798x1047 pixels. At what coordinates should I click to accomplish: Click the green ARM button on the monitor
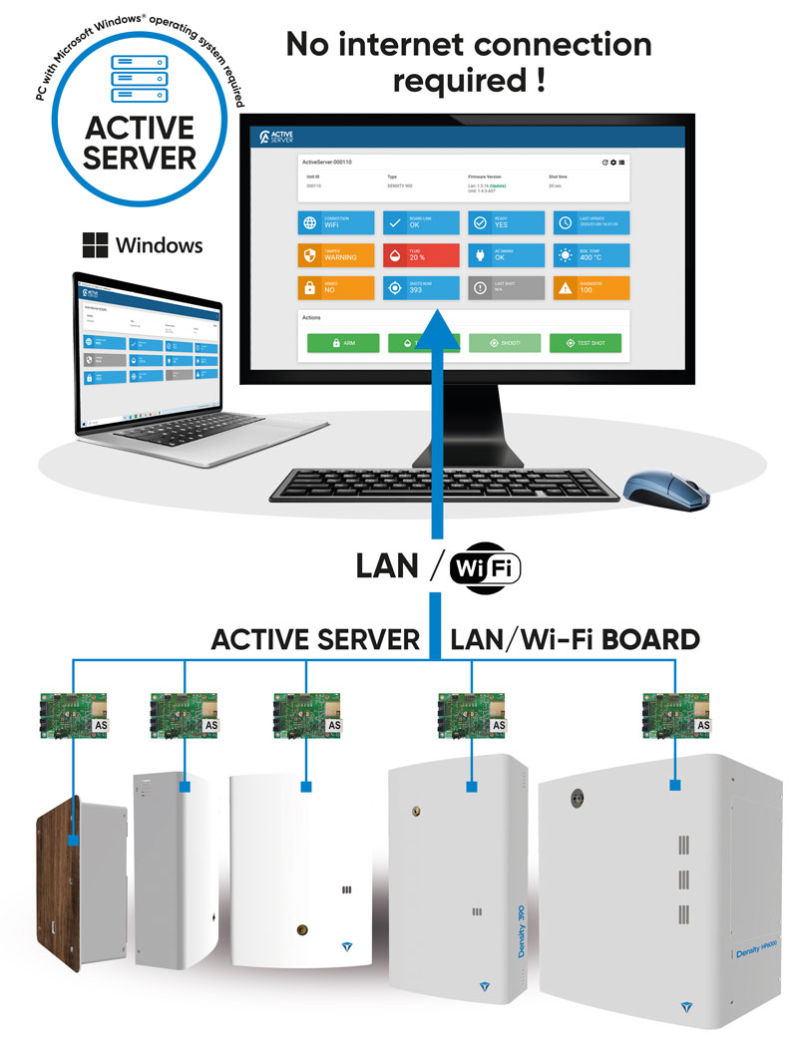[x=343, y=343]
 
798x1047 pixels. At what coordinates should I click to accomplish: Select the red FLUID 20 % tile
[x=421, y=254]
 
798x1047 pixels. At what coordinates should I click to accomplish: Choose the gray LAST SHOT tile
[x=507, y=287]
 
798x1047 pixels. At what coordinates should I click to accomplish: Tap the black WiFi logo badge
[x=486, y=567]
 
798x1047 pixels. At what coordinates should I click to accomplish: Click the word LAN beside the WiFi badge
[x=387, y=566]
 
